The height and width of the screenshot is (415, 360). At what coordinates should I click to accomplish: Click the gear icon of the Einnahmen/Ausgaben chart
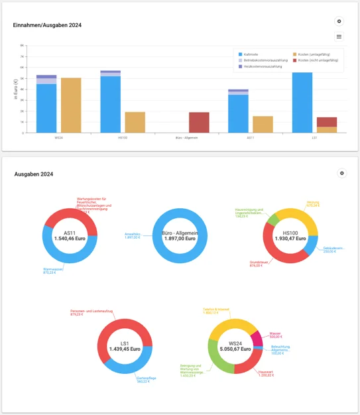[339, 22]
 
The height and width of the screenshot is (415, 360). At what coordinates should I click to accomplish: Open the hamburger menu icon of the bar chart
[339, 36]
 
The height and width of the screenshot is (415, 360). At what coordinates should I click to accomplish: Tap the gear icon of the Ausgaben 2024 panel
[342, 173]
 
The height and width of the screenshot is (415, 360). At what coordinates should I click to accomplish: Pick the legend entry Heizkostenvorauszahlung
[259, 66]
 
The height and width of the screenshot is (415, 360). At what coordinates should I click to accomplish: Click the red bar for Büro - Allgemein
[199, 123]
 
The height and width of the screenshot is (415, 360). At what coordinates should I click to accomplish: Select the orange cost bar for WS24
[71, 105]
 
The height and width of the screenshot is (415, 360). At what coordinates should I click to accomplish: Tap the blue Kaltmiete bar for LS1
[302, 103]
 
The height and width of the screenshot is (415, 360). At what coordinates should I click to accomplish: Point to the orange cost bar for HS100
[135, 123]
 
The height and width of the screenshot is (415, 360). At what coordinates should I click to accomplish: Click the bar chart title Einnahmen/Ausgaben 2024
[47, 25]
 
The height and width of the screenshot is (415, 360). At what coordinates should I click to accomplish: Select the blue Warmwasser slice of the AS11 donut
[56, 255]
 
